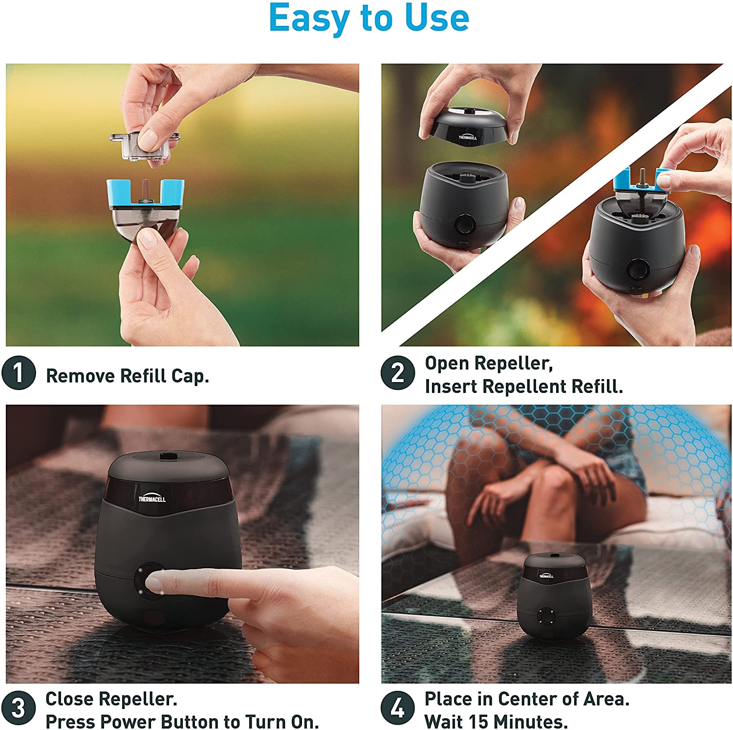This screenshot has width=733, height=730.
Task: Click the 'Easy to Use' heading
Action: (369, 19)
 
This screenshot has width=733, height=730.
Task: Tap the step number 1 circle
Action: (19, 373)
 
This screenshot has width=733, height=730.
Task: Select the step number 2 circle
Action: (398, 373)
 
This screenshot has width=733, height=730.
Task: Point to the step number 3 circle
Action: (19, 708)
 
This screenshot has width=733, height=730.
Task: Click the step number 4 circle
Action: (398, 708)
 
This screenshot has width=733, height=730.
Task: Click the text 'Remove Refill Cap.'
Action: (127, 376)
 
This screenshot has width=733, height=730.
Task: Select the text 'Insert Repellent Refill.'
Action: (524, 386)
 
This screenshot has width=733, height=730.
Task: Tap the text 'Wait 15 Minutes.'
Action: (496, 721)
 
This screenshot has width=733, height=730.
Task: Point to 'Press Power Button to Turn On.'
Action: (182, 721)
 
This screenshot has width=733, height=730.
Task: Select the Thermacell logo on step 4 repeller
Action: (546, 576)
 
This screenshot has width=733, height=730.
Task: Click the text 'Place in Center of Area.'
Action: (527, 699)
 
